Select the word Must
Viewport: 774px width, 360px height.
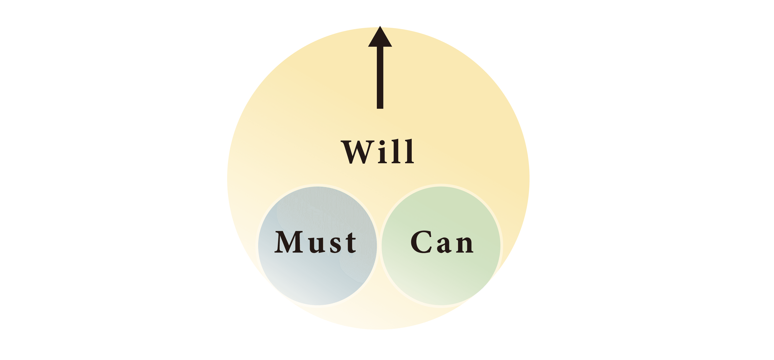(316, 242)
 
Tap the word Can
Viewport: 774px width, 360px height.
(442, 242)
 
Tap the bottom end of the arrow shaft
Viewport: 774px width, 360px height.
(380, 107)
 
